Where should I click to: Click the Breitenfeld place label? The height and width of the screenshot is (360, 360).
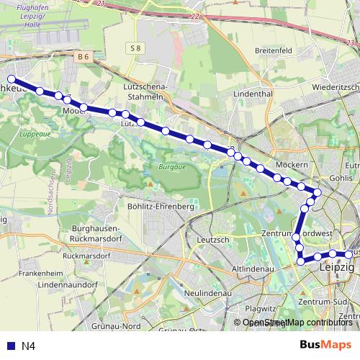[x=273, y=50]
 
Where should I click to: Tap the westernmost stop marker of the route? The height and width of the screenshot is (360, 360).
[x=11, y=79]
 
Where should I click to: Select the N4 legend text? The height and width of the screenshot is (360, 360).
[x=30, y=346]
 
